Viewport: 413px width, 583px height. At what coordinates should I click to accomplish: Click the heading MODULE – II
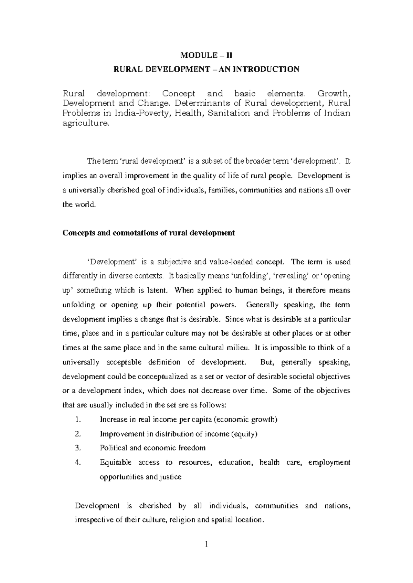[207, 55]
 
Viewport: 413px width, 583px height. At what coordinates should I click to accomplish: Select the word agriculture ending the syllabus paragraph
[86, 123]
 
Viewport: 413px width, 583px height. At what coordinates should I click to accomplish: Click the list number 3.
[77, 448]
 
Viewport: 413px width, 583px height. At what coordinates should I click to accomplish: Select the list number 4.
[77, 462]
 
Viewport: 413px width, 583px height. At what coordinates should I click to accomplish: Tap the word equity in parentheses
[244, 434]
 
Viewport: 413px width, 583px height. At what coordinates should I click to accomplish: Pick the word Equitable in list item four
[116, 462]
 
